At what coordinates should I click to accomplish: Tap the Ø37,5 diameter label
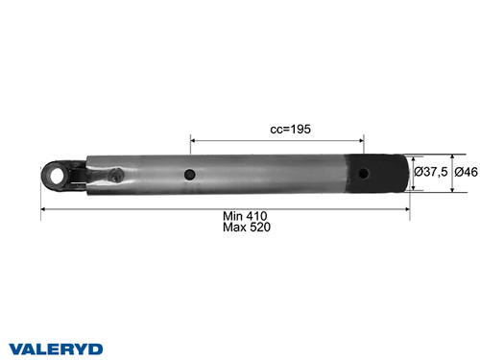click(x=431, y=172)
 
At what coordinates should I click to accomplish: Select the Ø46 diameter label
click(x=467, y=172)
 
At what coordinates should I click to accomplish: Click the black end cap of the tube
click(x=383, y=173)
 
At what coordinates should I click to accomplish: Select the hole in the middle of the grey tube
click(x=192, y=175)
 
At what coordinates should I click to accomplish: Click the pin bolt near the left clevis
click(x=114, y=175)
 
